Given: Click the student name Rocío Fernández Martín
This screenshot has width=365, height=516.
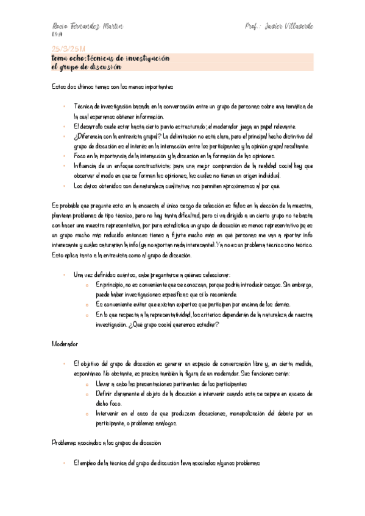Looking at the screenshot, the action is coord(87,27).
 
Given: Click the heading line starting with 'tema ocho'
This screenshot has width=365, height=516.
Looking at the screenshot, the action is coord(110,57).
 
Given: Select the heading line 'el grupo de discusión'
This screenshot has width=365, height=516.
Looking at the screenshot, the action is coord(87,67).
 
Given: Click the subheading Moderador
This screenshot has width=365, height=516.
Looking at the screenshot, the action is coord(65,344).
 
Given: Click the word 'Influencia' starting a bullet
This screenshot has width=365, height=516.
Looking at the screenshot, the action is coord(86,166).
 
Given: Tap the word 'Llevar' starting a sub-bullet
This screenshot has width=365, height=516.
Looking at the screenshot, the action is coord(103,384).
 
